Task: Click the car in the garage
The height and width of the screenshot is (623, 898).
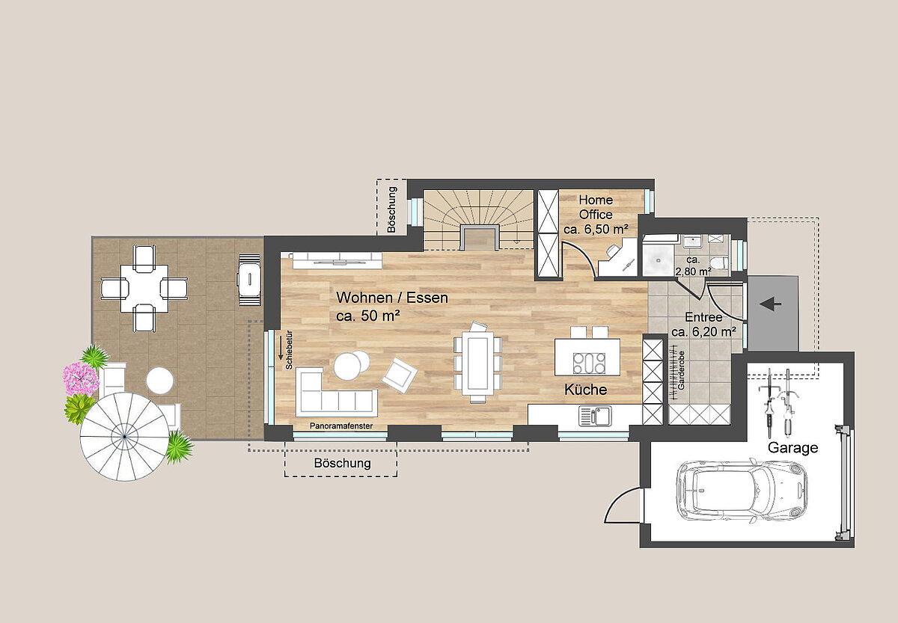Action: tap(742, 490)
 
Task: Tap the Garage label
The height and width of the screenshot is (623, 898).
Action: tap(792, 447)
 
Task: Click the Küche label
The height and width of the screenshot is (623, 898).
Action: tap(585, 390)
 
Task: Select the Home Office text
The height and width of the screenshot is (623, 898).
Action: tap(596, 207)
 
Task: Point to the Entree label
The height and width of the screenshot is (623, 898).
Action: tap(703, 317)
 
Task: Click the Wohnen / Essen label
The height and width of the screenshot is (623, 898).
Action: tap(391, 298)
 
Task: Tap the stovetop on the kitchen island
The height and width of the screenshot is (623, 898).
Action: tap(589, 363)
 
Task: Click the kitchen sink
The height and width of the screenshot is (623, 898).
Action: tap(596, 416)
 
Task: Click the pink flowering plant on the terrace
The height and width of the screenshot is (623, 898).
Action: tap(81, 378)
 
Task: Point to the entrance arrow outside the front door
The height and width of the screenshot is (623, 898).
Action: tap(771, 305)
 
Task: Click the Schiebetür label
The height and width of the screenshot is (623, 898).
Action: tap(290, 350)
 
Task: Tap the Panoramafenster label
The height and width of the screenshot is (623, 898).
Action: tap(341, 426)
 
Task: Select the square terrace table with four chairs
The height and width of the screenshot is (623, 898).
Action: tap(144, 289)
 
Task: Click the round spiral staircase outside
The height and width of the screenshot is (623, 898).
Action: tap(124, 437)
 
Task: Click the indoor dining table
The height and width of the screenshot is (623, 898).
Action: tap(477, 363)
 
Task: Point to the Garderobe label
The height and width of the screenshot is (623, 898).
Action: tap(682, 370)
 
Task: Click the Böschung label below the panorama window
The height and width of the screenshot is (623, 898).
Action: tap(342, 463)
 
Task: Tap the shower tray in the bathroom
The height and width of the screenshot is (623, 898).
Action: tap(659, 259)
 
